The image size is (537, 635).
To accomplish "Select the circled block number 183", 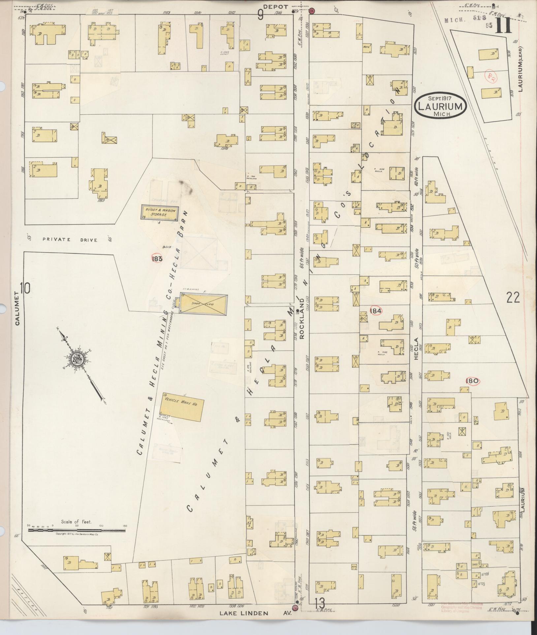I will click(x=157, y=259).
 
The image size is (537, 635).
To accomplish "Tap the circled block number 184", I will click(x=376, y=310).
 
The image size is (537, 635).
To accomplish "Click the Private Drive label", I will click(x=70, y=240).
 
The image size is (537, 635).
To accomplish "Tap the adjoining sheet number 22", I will click(x=513, y=298).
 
